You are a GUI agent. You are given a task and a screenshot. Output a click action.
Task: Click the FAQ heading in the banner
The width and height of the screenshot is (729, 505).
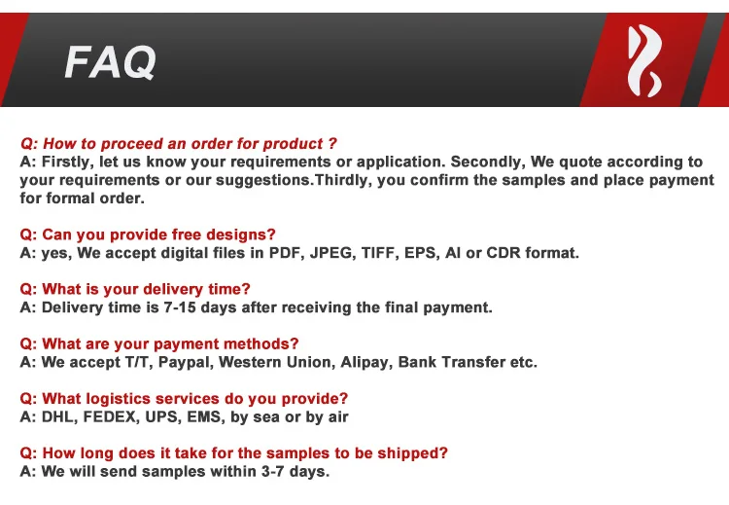[110, 62]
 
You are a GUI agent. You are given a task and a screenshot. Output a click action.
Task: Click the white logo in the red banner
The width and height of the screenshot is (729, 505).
[644, 61]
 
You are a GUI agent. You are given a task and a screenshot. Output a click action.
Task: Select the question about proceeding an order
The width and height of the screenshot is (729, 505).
[179, 143]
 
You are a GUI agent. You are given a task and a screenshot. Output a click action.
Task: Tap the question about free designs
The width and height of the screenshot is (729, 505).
[148, 234]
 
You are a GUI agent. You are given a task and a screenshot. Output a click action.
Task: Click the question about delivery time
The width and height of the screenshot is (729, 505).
[135, 289]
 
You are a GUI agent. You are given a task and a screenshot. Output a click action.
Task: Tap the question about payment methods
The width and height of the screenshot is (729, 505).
[159, 343]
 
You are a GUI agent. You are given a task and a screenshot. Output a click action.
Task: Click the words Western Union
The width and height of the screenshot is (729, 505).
[277, 362]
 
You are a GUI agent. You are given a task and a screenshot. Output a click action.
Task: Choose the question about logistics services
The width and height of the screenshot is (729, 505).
[184, 398]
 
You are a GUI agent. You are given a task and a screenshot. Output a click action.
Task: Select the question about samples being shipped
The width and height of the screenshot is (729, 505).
[234, 452]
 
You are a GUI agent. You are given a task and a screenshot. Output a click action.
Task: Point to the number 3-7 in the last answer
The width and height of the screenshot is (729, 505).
[273, 472]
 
